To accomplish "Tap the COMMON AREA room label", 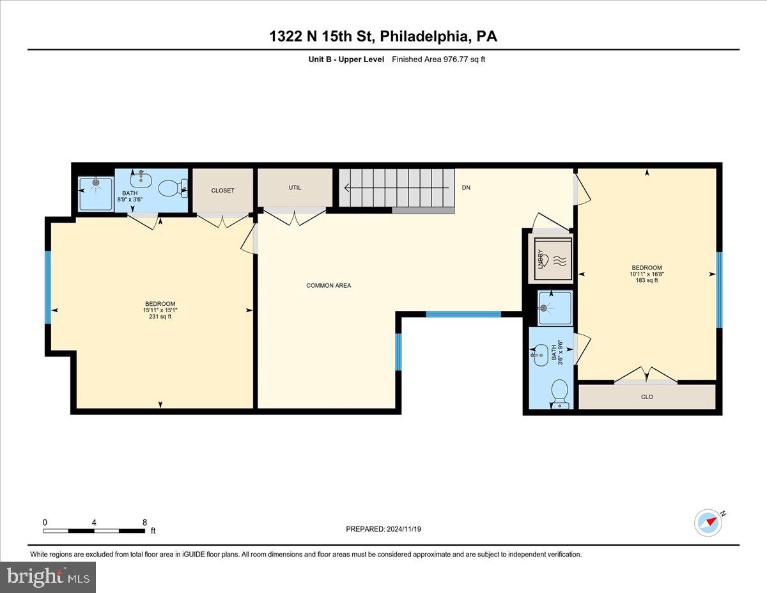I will [329, 285].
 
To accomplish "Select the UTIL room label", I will [295, 187].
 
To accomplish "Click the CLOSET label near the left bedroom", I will [223, 191].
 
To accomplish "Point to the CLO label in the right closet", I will [647, 397].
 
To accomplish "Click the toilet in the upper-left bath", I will [171, 188].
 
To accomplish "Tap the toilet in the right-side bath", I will [560, 392].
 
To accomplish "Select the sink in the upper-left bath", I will [141, 181].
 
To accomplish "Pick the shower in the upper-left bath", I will [95, 190].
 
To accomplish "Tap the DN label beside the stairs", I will [467, 188].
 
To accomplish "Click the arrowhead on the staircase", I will [347, 188].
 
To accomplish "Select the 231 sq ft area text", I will [160, 317].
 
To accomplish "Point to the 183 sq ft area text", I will [646, 280].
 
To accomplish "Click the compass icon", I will [708, 523].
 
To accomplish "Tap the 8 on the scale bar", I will [145, 522].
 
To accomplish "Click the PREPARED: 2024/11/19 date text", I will [383, 529].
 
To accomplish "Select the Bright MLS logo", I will [48, 577].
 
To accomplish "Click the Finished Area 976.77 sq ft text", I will [438, 59].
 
